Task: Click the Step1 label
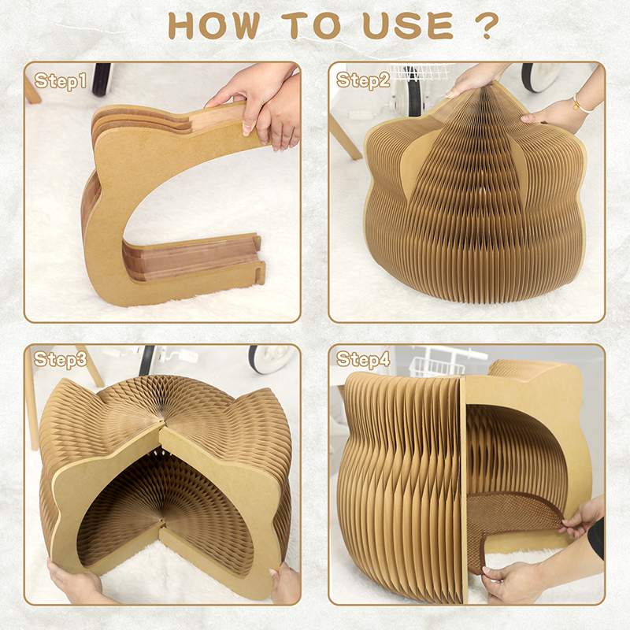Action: [61, 80]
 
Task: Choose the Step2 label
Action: [363, 80]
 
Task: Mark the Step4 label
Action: [363, 360]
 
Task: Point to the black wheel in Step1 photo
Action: [102, 79]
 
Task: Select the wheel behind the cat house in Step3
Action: [272, 358]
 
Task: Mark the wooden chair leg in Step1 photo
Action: [31, 91]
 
